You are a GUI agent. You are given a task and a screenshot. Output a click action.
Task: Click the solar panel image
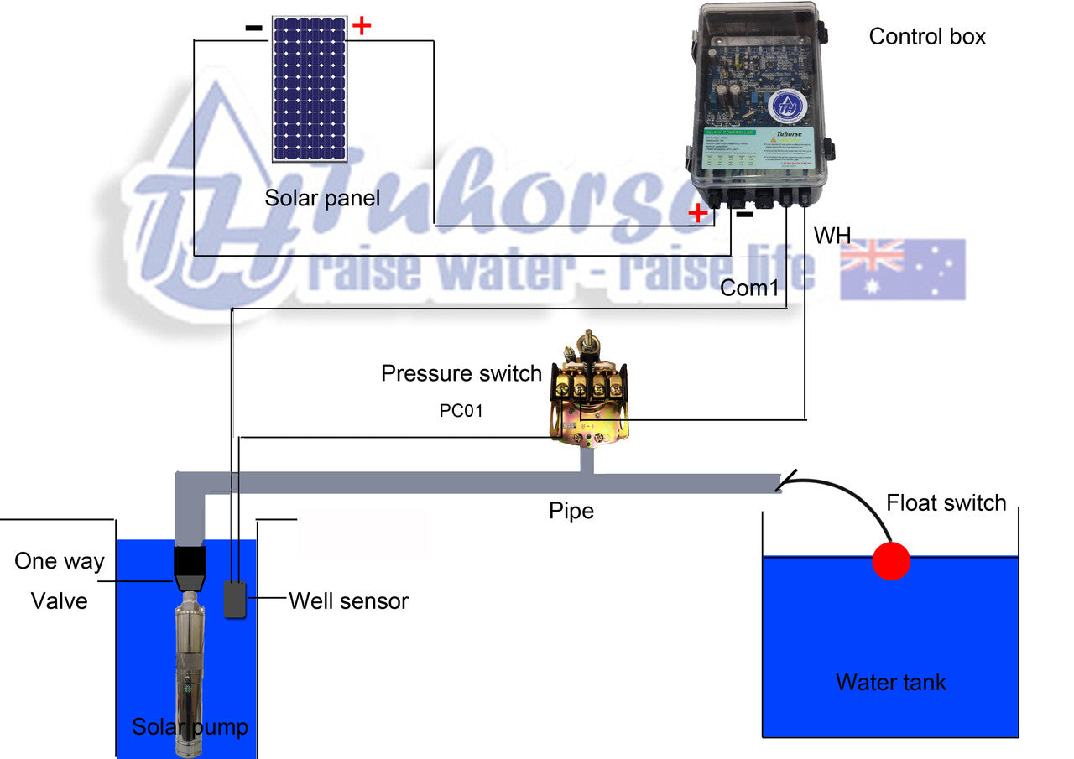click(309, 88)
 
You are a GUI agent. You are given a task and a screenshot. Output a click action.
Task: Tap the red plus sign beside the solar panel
click(361, 26)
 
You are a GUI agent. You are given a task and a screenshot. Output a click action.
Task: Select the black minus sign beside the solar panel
click(253, 28)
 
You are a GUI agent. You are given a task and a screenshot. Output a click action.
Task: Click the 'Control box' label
click(927, 37)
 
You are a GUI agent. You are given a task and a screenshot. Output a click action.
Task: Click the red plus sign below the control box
click(697, 213)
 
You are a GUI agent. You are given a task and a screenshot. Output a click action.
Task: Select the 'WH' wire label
click(832, 237)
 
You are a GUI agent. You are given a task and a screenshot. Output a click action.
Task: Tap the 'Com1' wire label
click(750, 289)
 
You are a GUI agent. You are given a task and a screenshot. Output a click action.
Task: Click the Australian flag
click(902, 269)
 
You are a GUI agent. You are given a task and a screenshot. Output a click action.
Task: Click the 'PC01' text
click(461, 412)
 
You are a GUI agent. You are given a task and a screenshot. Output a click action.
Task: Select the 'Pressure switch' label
click(461, 373)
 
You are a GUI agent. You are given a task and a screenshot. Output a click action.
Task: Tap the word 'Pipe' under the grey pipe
click(571, 511)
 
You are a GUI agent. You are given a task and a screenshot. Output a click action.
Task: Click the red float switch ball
click(890, 560)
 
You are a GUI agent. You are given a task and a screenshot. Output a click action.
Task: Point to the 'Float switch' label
click(946, 502)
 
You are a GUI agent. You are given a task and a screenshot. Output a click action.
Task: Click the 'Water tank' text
click(890, 682)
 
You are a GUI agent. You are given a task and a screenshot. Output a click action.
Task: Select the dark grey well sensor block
click(235, 599)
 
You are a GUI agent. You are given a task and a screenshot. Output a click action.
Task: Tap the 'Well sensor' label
click(348, 600)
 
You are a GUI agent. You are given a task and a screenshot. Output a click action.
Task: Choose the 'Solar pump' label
click(190, 726)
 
